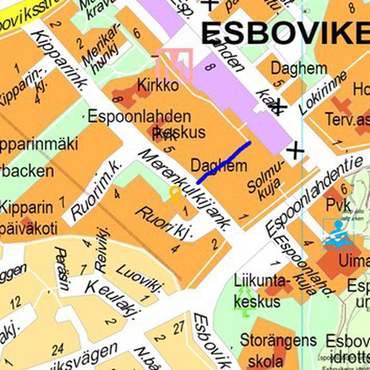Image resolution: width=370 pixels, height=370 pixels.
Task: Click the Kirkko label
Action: tap(157, 85)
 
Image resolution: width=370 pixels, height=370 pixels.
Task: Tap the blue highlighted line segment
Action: tap(224, 162)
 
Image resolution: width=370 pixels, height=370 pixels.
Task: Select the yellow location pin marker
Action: tap(175, 195)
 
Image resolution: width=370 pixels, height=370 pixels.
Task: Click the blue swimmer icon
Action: tap(338, 233)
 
